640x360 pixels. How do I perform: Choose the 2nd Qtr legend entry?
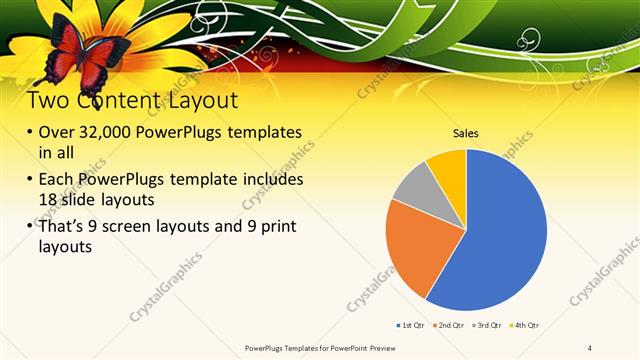tap(451, 325)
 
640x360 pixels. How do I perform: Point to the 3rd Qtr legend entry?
tap(487, 325)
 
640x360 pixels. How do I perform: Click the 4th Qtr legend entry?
tap(524, 325)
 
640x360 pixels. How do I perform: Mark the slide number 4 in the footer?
tap(590, 348)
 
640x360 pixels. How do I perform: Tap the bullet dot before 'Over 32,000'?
tap(30, 133)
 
